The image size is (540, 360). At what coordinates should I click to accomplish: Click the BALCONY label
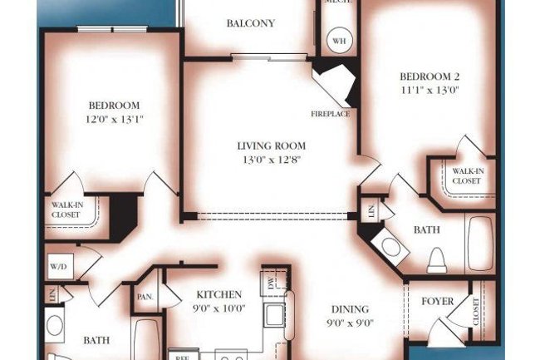(x=250, y=23)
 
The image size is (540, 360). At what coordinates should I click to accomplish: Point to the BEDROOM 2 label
(x=430, y=76)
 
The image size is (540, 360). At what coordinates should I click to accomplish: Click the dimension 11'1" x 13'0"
(x=430, y=90)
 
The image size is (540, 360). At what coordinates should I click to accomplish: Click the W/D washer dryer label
(x=59, y=267)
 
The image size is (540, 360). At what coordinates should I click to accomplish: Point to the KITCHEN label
(x=218, y=294)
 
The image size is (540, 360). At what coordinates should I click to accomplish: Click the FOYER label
(x=437, y=301)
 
